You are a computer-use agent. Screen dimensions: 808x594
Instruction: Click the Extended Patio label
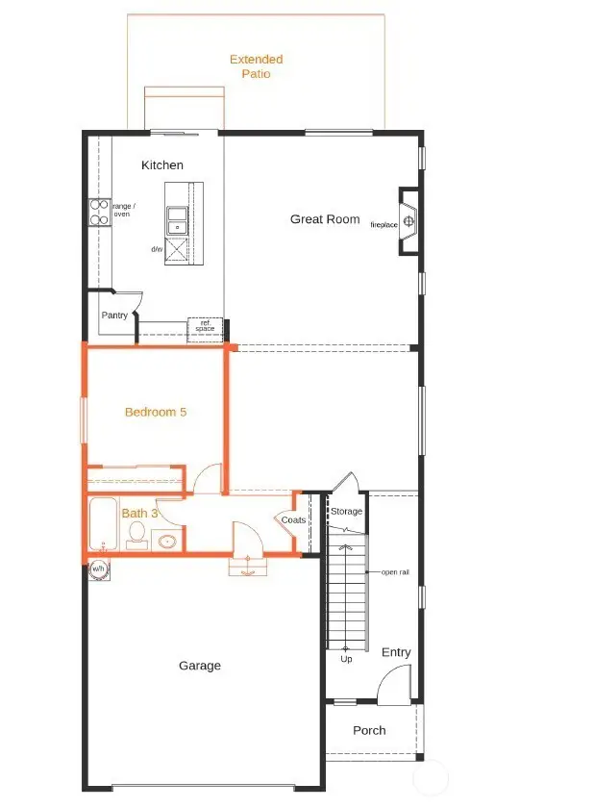click(x=256, y=66)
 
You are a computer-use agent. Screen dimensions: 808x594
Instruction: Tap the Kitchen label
click(x=162, y=165)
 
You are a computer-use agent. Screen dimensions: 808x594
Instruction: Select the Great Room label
click(x=325, y=219)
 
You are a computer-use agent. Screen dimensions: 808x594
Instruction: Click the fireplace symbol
click(x=408, y=222)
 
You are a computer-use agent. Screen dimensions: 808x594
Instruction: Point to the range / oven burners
click(x=98, y=212)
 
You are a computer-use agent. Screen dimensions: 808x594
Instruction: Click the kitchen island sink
click(x=179, y=220)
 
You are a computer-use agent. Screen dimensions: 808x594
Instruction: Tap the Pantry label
click(x=114, y=316)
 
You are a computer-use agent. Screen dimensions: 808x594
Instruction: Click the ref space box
click(x=205, y=326)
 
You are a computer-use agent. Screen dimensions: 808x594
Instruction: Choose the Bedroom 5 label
click(x=156, y=412)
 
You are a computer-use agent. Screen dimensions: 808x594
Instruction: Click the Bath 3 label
click(x=139, y=514)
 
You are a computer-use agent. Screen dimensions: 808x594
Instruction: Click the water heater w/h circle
click(x=98, y=569)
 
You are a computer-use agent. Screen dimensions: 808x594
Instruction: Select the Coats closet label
click(x=293, y=520)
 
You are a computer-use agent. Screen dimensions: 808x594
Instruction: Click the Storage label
click(x=346, y=512)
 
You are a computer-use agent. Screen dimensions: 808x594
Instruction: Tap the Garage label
click(x=200, y=666)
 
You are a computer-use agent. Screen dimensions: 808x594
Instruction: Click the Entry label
click(x=396, y=652)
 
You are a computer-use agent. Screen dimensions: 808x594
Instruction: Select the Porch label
click(x=369, y=730)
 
